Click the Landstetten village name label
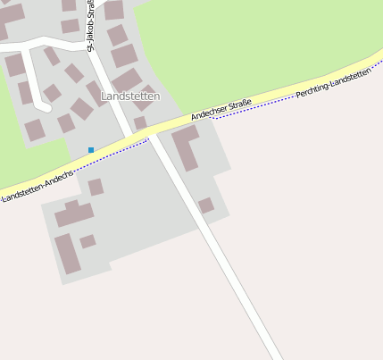[130, 96]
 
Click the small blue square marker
[91, 149]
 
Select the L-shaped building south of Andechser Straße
[186, 147]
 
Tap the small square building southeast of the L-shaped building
[206, 205]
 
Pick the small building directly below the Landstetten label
[140, 122]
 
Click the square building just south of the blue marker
[96, 187]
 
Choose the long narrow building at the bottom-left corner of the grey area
[67, 253]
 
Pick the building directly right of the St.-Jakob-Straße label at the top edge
[113, 10]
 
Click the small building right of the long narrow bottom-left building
[87, 241]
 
